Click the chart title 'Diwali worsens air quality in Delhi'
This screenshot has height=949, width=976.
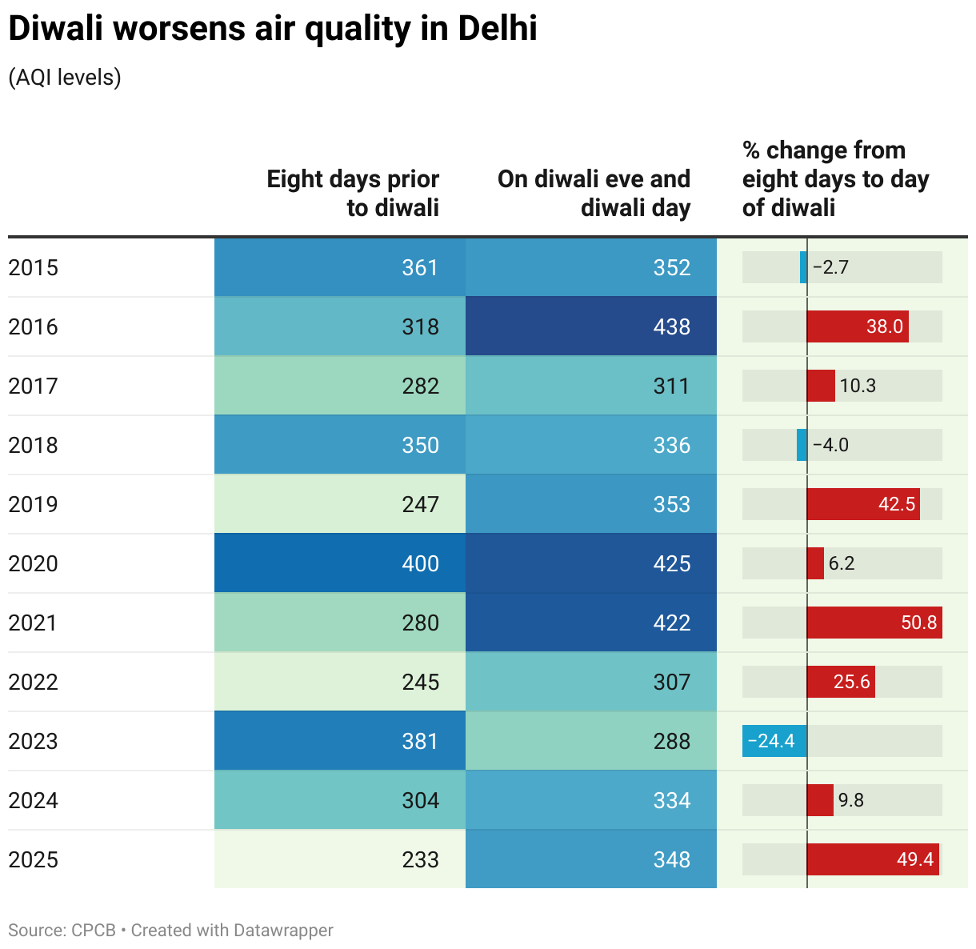273,30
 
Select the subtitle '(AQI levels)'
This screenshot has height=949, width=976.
65,78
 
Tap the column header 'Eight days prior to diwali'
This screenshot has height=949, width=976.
353,193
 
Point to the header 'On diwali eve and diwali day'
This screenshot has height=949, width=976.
594,193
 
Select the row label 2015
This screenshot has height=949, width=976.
34,267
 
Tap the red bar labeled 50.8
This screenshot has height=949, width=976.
874,623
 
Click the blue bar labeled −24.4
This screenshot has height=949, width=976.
774,741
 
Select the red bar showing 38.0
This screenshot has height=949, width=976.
857,326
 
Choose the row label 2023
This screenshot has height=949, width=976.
34,741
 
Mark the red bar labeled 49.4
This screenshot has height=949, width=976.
872,859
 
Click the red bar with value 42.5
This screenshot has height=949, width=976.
862,504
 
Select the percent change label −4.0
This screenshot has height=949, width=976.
830,445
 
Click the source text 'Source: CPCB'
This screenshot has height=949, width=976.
62,931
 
